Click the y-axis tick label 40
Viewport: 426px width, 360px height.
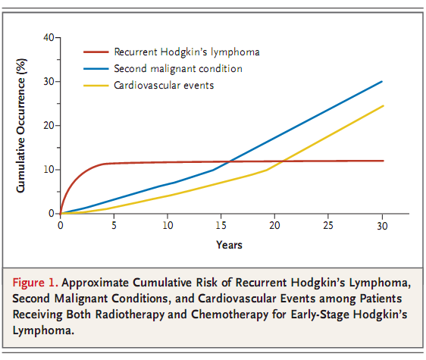pyautogui.click(x=47, y=37)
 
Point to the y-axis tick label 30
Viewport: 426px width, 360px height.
pyautogui.click(x=47, y=81)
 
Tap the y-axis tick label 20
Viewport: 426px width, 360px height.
pyautogui.click(x=47, y=125)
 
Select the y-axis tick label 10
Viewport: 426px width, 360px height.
pyautogui.click(x=47, y=169)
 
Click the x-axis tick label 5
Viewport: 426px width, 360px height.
pyautogui.click(x=114, y=226)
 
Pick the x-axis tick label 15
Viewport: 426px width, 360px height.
pyautogui.click(x=221, y=226)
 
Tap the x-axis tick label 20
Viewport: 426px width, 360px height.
pyautogui.click(x=274, y=226)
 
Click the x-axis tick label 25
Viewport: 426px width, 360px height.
pyautogui.click(x=328, y=226)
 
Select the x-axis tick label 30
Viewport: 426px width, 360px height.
pyautogui.click(x=382, y=226)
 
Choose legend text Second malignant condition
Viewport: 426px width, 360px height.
pyautogui.click(x=177, y=68)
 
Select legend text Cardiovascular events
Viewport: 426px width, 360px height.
pyautogui.click(x=164, y=85)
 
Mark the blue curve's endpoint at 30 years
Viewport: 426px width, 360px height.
pyautogui.click(x=382, y=81)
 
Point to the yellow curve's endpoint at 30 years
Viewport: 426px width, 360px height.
pyautogui.click(x=382, y=105)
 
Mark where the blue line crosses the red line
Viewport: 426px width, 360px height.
pyautogui.click(x=225, y=161)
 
